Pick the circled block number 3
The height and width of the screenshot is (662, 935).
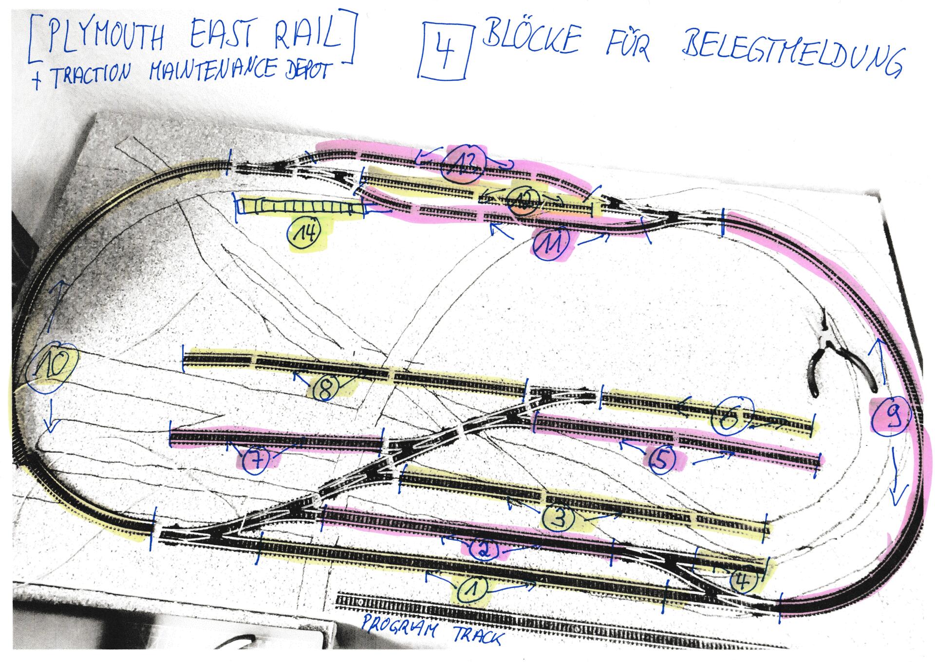pos(559,518)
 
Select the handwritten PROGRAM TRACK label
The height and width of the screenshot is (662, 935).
pos(431,632)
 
